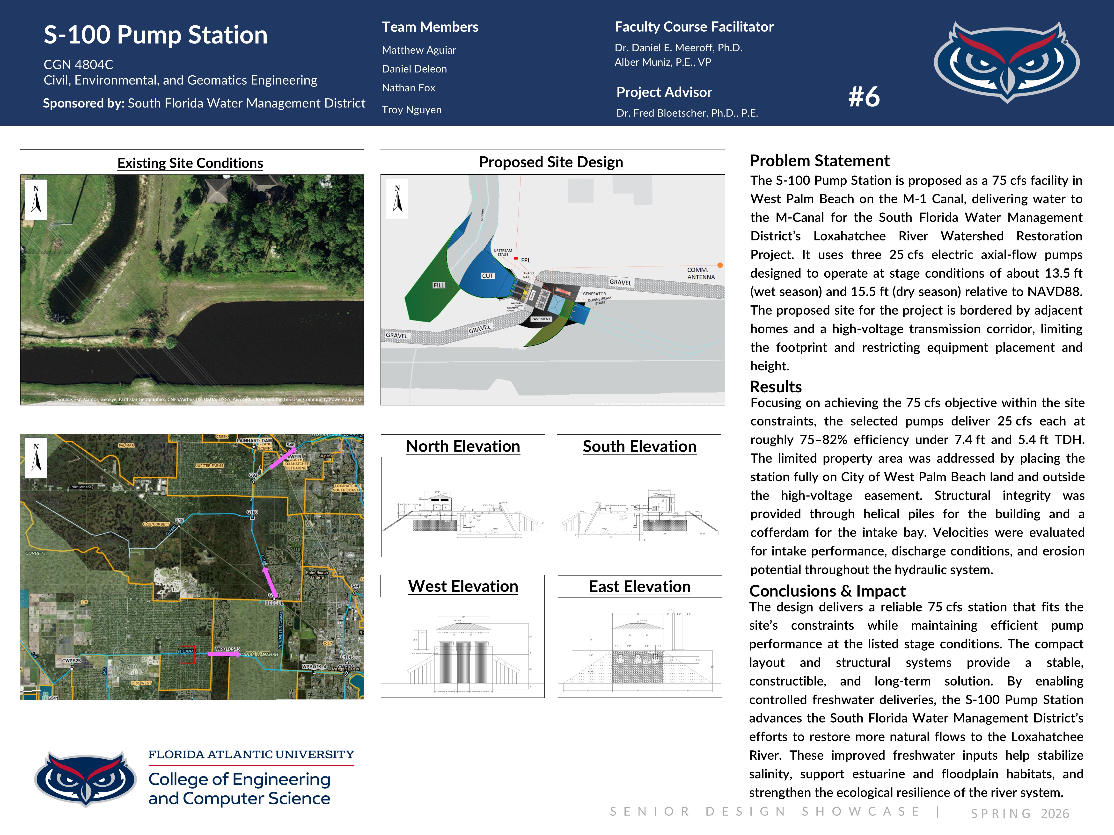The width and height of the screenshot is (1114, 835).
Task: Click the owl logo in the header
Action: tap(1006, 61)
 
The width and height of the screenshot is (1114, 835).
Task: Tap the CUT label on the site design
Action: tap(488, 276)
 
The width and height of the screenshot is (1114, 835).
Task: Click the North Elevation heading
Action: tap(463, 446)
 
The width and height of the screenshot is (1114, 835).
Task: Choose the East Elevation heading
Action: tap(640, 587)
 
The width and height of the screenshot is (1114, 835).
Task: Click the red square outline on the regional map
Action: tap(187, 655)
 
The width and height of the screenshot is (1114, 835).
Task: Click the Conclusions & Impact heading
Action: tap(827, 591)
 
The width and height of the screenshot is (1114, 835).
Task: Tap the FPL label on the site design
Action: tap(525, 260)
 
